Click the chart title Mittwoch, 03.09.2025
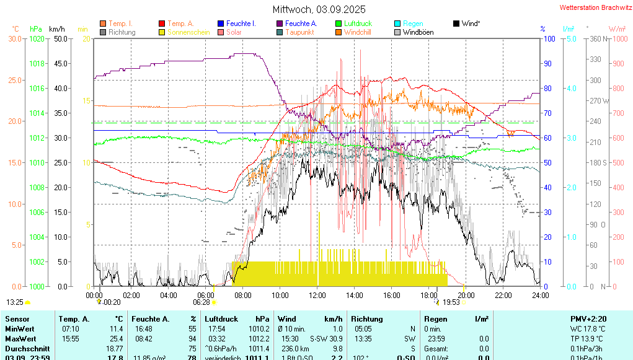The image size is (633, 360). [x=319, y=9]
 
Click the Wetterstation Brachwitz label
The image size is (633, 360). [x=594, y=7]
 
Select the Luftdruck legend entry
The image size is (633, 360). [x=358, y=24]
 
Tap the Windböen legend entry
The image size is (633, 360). [x=418, y=32]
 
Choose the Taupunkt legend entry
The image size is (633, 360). [x=299, y=32]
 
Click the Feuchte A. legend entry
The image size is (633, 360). [x=301, y=24]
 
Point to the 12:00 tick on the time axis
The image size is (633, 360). [x=317, y=295]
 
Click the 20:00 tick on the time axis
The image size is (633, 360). [x=466, y=295]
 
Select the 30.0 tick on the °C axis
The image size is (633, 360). [x=15, y=38]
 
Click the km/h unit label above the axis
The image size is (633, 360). [x=56, y=29]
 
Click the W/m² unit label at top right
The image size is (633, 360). [x=616, y=29]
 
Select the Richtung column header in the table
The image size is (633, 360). [x=366, y=318]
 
